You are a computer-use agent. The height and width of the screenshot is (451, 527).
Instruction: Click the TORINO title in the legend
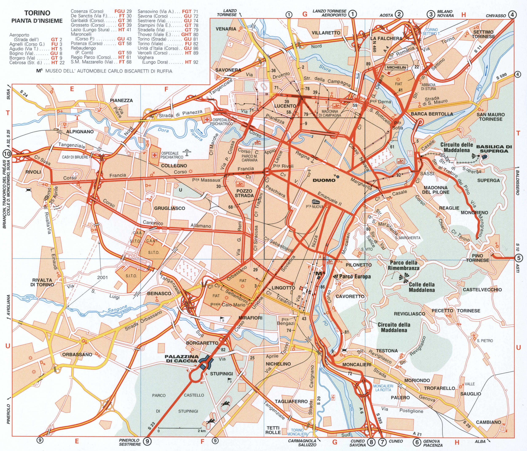coord(37,13)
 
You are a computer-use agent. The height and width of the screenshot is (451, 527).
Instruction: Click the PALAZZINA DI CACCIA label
coord(181,358)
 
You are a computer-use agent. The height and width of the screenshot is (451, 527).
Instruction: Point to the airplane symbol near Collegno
coord(188,153)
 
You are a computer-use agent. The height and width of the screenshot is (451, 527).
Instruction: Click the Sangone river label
coord(117,309)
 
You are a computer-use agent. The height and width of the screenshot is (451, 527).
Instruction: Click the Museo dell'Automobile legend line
coord(104,71)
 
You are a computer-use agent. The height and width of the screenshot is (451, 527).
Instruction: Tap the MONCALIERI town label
coord(357,365)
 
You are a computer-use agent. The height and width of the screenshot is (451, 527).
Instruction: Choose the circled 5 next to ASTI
coord(518,258)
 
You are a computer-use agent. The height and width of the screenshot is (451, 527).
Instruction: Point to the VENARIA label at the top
coord(226,29)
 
